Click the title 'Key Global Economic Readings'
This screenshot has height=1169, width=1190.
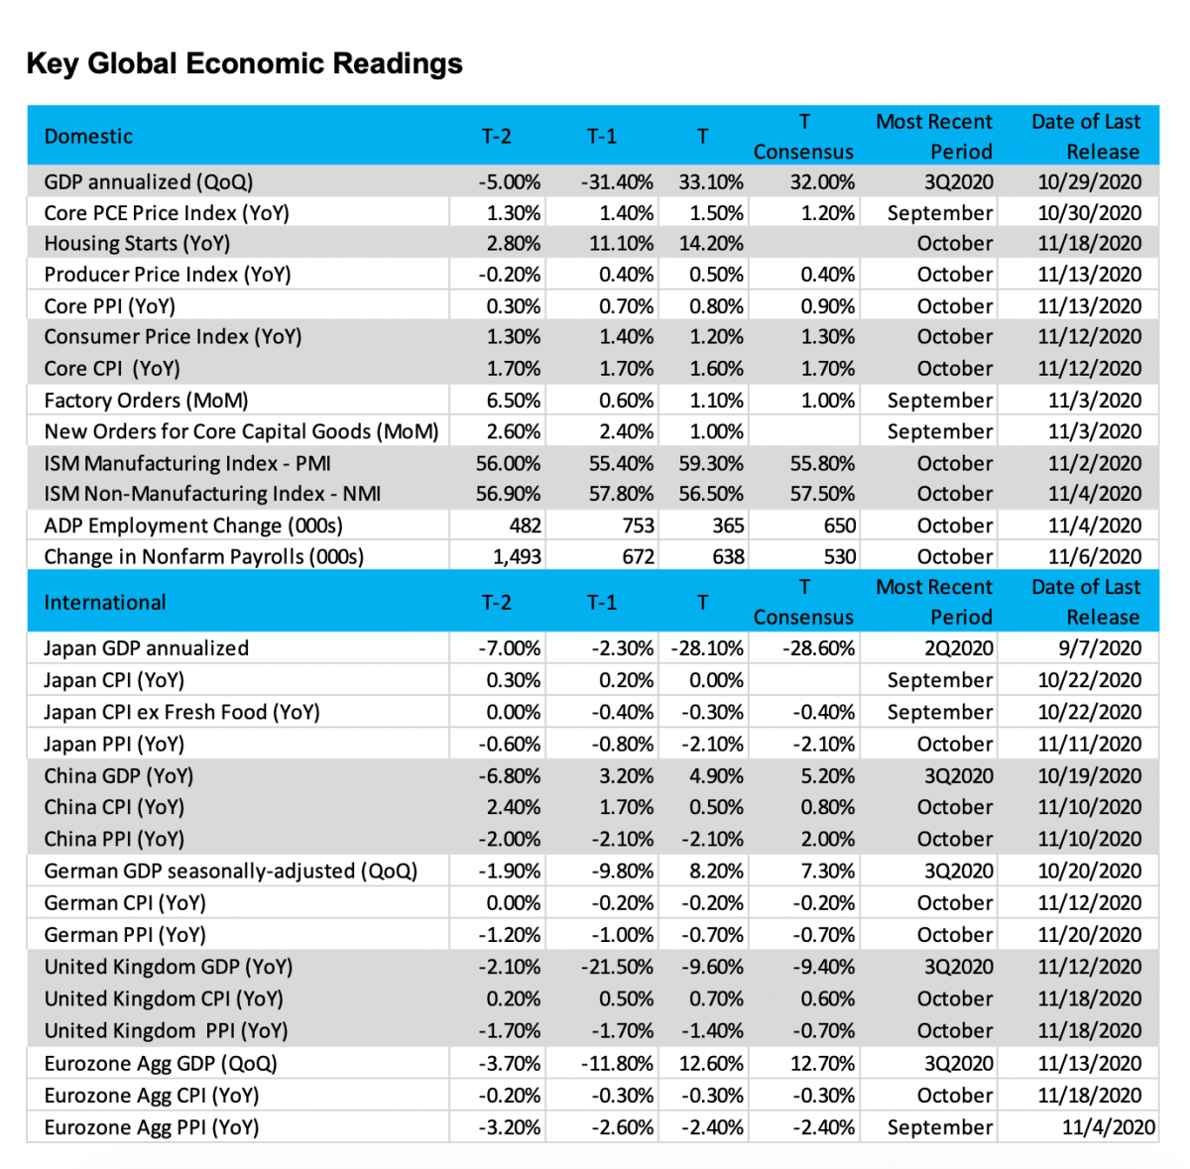click(x=244, y=63)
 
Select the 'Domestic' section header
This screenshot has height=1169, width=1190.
click(x=88, y=137)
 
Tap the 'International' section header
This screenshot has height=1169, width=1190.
click(x=105, y=603)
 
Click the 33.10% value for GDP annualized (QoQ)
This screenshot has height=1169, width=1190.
click(x=711, y=182)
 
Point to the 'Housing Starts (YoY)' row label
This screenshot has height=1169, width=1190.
click(x=137, y=244)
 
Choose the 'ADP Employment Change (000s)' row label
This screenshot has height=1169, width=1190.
click(x=193, y=526)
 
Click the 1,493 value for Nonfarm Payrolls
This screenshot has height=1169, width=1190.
click(x=517, y=557)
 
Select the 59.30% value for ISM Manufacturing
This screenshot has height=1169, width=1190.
click(x=711, y=463)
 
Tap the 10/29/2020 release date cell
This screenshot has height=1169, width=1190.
click(x=1089, y=182)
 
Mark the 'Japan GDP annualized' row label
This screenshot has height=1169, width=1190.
click(x=146, y=648)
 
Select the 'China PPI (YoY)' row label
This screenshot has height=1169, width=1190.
click(x=114, y=839)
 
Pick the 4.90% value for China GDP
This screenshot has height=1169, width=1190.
click(x=716, y=775)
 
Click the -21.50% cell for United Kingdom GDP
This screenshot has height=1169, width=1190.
click(x=617, y=967)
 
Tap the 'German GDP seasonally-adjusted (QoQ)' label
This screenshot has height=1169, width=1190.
click(x=230, y=872)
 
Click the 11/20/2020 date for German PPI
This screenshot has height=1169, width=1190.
click(x=1089, y=935)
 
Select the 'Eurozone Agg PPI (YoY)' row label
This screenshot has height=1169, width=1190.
click(x=151, y=1127)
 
